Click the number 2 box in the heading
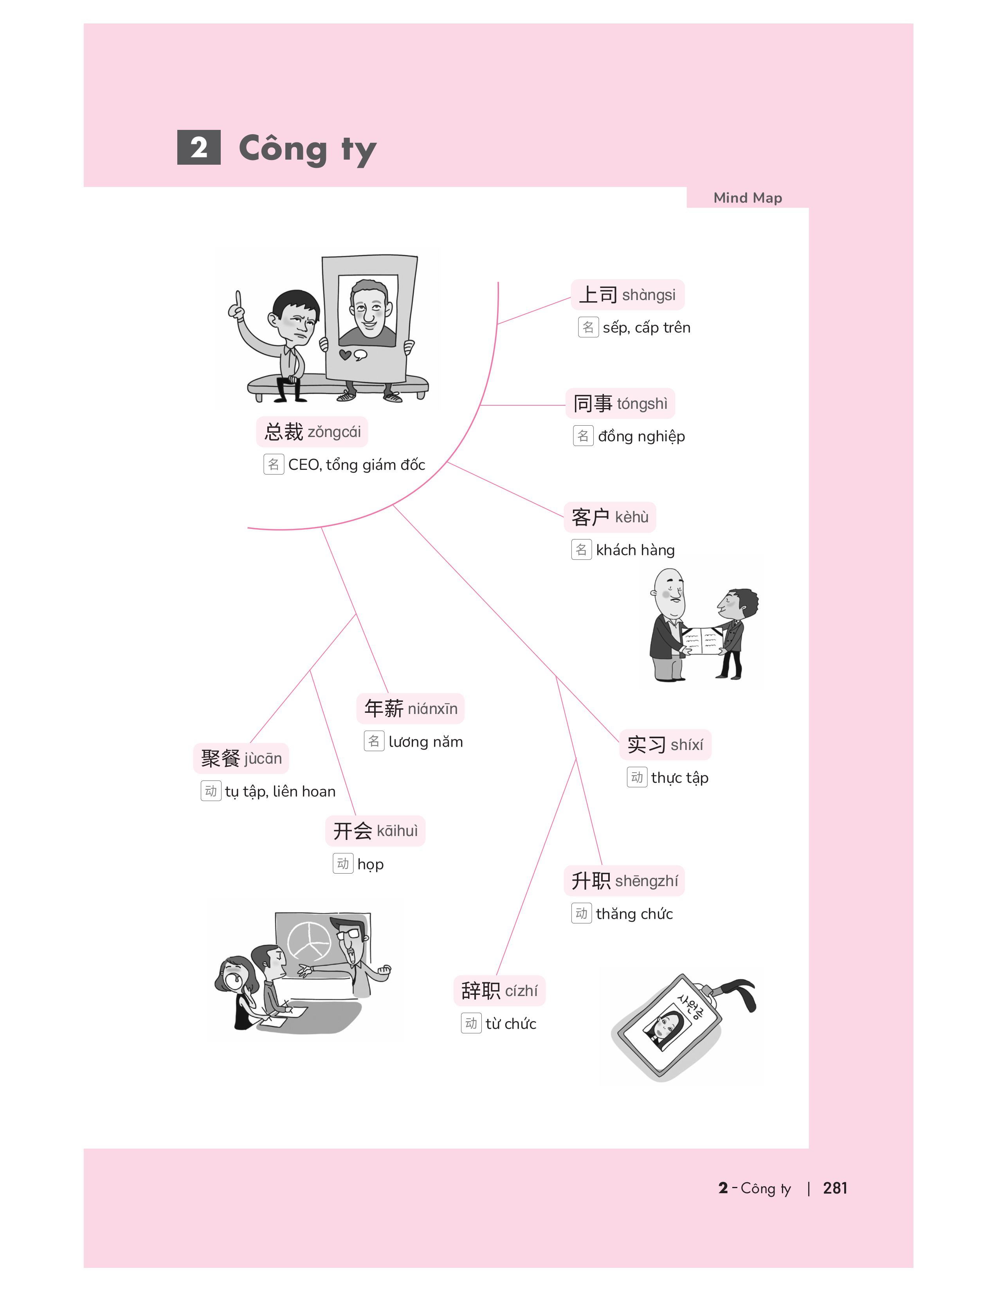[x=199, y=147]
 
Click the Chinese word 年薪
[x=384, y=708]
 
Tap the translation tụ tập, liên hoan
[x=280, y=791]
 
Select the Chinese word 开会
[x=352, y=831]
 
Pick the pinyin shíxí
[x=686, y=745]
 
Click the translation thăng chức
[x=634, y=914]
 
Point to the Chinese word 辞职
[x=481, y=991]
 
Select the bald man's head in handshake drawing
[x=670, y=591]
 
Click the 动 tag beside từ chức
[x=471, y=1023]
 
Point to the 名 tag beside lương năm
[x=374, y=741]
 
